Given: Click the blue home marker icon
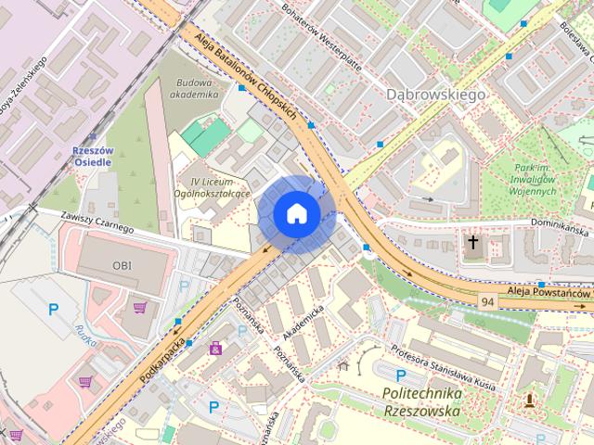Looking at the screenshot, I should (297, 213).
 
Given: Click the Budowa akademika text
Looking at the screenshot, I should (197, 88).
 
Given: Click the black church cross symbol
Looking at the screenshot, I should (473, 243).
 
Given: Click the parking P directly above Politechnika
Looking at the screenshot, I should (400, 375).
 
